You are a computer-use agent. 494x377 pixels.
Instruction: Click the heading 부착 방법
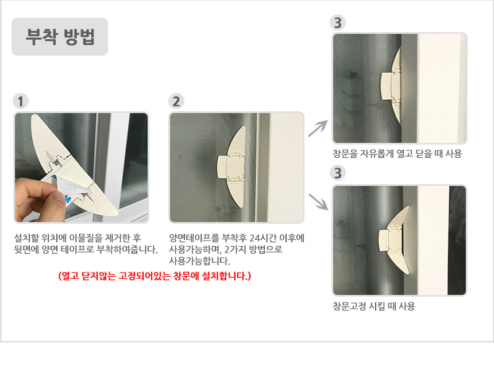(x=60, y=37)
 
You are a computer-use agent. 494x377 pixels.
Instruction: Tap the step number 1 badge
(x=21, y=102)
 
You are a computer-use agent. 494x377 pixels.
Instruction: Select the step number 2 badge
(x=176, y=102)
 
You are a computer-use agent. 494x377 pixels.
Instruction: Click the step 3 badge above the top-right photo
(x=338, y=22)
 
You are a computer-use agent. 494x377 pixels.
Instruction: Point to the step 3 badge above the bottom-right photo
(x=338, y=173)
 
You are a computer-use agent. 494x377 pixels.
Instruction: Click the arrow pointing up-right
(x=318, y=129)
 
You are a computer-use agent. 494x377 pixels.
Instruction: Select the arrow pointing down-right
(x=319, y=202)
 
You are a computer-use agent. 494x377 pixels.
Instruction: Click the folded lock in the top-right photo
(x=391, y=85)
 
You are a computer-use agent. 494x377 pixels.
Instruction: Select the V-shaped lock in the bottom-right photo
(x=394, y=241)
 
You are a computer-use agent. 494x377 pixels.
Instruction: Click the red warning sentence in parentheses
(x=155, y=276)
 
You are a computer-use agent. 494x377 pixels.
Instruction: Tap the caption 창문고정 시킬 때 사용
(x=374, y=306)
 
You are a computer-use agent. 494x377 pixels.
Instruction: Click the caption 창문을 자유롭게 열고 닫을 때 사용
(x=397, y=154)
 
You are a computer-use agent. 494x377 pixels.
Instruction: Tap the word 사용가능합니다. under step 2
(x=200, y=261)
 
